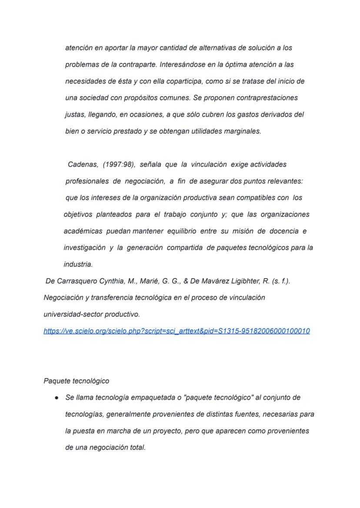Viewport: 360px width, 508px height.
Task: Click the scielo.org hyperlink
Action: pos(177,331)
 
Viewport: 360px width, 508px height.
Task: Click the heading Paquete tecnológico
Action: pos(77,381)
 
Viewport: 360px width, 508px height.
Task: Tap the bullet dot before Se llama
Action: pos(57,398)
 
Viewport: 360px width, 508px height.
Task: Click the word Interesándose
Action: pos(186,65)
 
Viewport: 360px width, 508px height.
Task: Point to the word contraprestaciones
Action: pos(267,98)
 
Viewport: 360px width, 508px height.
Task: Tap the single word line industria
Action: pos(78,264)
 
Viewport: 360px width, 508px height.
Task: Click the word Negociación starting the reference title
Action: pos(63,298)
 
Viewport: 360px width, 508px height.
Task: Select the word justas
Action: pos(74,115)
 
